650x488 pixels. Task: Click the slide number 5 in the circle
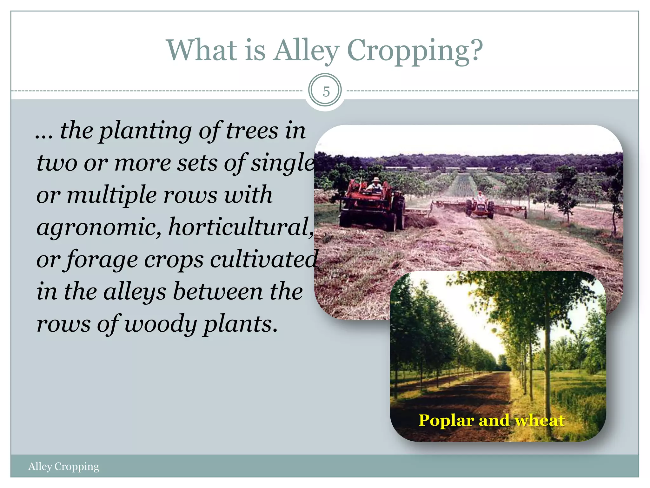tap(326, 91)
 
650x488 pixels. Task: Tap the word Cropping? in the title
tap(415, 51)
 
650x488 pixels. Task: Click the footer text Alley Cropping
tap(63, 466)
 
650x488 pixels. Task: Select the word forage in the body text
tap(103, 260)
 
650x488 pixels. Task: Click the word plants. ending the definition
tap(241, 325)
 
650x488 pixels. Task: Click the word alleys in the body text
tap(135, 292)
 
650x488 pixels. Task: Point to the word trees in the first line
tap(252, 131)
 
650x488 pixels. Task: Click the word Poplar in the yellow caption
tap(446, 421)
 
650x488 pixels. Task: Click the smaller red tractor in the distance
tap(480, 208)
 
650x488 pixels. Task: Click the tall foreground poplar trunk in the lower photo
tap(547, 365)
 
